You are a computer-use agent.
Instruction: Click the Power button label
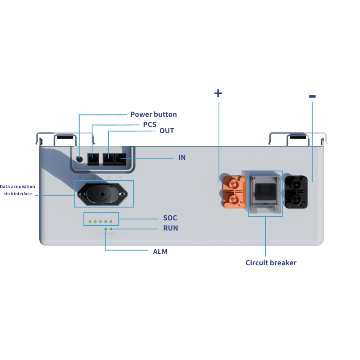click(x=153, y=114)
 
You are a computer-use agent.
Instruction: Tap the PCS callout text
click(x=149, y=125)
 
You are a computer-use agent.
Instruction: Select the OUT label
click(x=167, y=131)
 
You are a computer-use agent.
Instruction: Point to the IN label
click(x=182, y=158)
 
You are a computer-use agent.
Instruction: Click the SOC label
click(x=170, y=218)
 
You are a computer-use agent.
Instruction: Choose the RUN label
click(x=170, y=228)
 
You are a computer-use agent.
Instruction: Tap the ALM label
click(x=160, y=252)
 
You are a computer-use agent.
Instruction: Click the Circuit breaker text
click(x=271, y=263)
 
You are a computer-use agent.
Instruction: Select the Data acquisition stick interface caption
click(x=18, y=190)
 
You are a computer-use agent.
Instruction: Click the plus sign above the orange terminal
click(x=218, y=93)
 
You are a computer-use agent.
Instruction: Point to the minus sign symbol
click(x=312, y=96)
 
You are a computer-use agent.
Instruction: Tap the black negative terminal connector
click(x=296, y=192)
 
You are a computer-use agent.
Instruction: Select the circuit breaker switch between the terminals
click(x=265, y=193)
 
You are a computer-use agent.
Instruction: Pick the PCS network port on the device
click(x=93, y=159)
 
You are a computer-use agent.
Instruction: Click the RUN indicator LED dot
click(x=111, y=229)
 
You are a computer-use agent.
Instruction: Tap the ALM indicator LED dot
click(x=105, y=229)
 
